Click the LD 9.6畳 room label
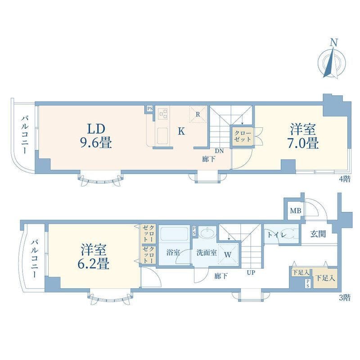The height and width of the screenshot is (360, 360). [96, 136]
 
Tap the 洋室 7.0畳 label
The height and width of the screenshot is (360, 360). [303, 136]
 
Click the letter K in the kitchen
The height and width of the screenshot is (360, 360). [181, 131]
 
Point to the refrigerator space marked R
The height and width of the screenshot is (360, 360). [198, 114]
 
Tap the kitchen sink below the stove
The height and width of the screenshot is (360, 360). [162, 136]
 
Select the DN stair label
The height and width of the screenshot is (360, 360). [219, 151]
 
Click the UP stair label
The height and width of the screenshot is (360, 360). [251, 273]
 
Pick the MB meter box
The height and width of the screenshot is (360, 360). [295, 210]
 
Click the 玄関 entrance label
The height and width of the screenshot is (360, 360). [318, 234]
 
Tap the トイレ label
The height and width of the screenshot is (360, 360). [277, 235]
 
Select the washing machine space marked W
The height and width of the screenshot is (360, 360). [228, 254]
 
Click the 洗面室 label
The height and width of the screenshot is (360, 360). [207, 252]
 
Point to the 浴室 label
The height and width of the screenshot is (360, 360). [173, 252]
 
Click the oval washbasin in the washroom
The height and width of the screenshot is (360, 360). [207, 233]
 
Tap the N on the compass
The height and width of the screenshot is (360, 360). [334, 43]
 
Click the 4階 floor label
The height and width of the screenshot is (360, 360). [345, 179]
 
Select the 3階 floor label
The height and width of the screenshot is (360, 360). [345, 298]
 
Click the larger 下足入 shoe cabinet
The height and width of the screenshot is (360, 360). [325, 278]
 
